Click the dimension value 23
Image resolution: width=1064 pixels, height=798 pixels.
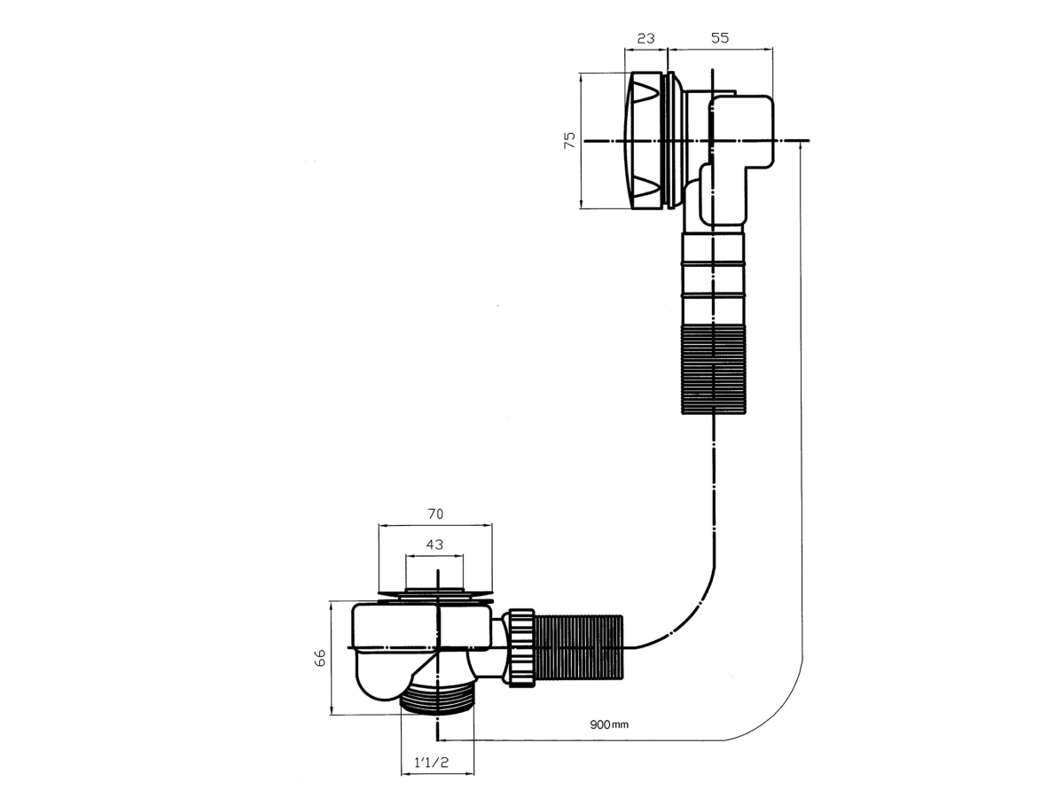(645, 38)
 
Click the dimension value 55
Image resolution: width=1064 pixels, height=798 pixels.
(720, 38)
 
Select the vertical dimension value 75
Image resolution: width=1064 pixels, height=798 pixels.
(570, 140)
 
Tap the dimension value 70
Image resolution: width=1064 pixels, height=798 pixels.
(434, 513)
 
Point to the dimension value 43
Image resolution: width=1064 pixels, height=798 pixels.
(434, 544)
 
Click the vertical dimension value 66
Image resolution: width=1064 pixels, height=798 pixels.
(320, 658)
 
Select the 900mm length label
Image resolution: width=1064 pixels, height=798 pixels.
(609, 739)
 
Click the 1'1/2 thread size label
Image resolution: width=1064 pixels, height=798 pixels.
(432, 763)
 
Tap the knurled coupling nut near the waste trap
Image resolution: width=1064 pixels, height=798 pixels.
(520, 648)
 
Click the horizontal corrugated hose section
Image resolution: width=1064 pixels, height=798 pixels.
(578, 647)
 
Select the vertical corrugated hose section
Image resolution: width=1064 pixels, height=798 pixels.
(714, 369)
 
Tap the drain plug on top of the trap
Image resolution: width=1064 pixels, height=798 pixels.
(435, 593)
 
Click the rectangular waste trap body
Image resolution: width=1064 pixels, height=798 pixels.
(422, 625)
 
